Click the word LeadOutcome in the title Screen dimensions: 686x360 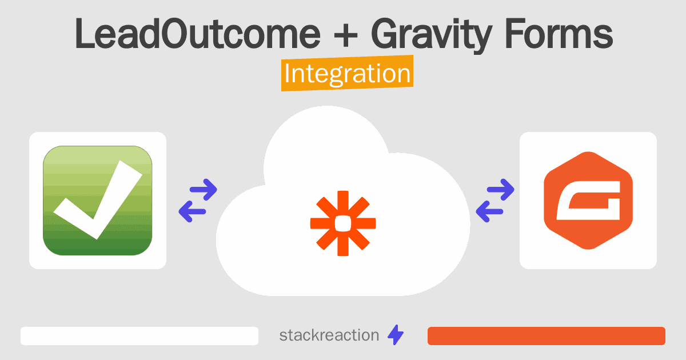pyautogui.click(x=198, y=34)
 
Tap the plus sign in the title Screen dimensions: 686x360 pyautogui.click(x=346, y=36)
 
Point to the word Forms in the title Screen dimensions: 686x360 pyautogui.click(x=559, y=34)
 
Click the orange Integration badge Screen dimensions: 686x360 pyautogui.click(x=348, y=73)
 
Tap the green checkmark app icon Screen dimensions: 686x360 pyautogui.click(x=98, y=201)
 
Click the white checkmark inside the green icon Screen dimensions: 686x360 pyautogui.click(x=98, y=199)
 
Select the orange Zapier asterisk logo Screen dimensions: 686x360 pyautogui.click(x=343, y=223)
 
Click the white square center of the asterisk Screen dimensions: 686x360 pyautogui.click(x=343, y=223)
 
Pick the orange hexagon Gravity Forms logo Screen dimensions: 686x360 pyautogui.click(x=588, y=201)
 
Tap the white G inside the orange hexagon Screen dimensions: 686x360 pyautogui.click(x=588, y=201)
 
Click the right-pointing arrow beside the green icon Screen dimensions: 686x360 pyautogui.click(x=204, y=190)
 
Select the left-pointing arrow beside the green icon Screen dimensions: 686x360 pyautogui.click(x=192, y=211)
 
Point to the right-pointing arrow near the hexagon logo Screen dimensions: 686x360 pyautogui.click(x=500, y=190)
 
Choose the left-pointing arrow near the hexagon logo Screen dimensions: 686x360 pyautogui.click(x=489, y=211)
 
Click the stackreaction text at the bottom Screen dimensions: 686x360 pyautogui.click(x=329, y=335)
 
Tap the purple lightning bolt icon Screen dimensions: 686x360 pyautogui.click(x=396, y=335)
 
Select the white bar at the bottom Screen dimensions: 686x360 pyautogui.click(x=139, y=336)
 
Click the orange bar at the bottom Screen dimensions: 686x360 pyautogui.click(x=547, y=336)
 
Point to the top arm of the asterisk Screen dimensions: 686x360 pyautogui.click(x=343, y=203)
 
